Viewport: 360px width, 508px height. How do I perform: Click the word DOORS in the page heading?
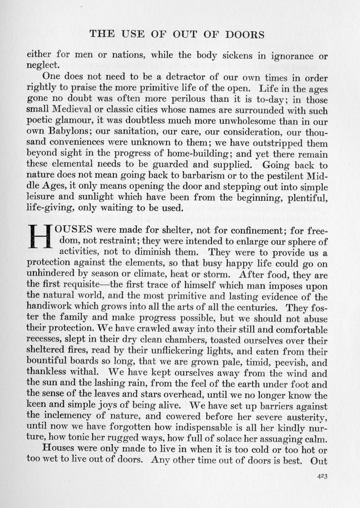(245, 35)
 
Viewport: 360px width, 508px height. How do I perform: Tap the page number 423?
(322, 476)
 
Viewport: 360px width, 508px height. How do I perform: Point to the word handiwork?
(49, 306)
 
